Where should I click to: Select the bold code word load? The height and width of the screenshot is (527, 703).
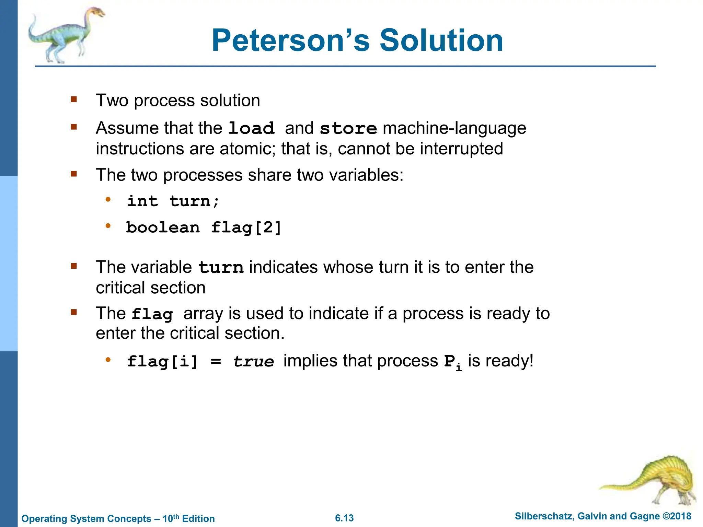point(251,128)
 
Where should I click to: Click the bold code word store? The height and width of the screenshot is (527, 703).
point(348,128)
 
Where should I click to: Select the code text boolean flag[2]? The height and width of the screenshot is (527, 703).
point(204,227)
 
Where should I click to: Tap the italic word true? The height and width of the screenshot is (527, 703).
point(254,361)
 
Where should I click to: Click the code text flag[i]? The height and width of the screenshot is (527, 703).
point(162,361)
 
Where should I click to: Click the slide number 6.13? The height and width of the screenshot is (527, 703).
point(344,518)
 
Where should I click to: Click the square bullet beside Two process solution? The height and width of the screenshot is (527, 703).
point(74,99)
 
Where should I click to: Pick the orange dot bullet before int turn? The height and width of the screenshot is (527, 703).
point(108,199)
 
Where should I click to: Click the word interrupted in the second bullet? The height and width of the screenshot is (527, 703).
point(461,149)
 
